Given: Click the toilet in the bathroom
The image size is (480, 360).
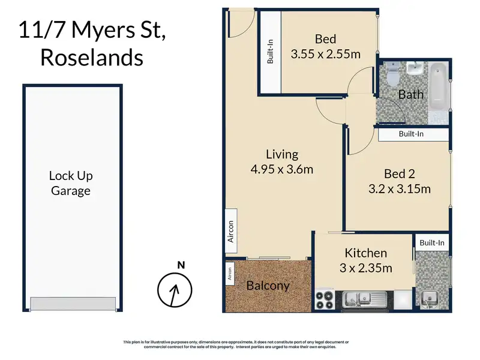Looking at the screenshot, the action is point(393,74).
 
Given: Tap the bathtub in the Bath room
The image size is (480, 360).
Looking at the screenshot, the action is point(438,86).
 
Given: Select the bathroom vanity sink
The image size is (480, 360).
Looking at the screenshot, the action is point(415,68).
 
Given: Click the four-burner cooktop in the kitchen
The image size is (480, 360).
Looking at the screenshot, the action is point(325,300).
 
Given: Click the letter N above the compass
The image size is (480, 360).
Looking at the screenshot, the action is point(181,265).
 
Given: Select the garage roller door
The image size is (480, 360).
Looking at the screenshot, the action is point(73,303).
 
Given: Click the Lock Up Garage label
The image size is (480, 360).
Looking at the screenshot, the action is point(71,183).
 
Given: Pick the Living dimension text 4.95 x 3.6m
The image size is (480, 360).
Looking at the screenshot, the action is point(282,169).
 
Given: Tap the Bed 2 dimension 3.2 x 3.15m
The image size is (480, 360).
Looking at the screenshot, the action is point(400,189).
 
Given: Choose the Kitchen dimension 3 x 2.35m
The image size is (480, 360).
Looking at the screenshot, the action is point(366,268).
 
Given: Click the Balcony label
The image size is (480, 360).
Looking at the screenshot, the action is point(268,286).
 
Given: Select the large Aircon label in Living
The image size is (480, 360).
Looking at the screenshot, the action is point(231,231).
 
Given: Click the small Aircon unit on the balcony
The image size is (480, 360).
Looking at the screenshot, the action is point(230,274).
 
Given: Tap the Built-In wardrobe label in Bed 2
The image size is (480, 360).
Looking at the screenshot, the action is point(411,134).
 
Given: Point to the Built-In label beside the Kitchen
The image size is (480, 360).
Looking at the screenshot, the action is point(432,243).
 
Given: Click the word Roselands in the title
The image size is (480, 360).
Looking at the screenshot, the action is point(92,58).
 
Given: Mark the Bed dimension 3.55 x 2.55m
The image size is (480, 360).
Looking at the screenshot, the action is point(325,54).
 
